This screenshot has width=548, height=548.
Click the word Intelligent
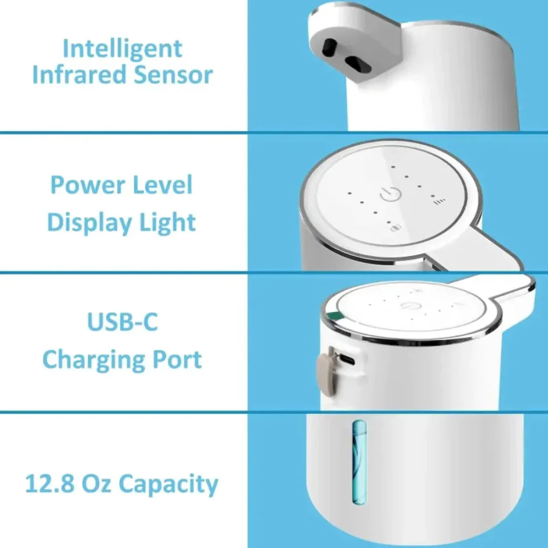pos(122,49)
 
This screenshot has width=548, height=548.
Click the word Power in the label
pos(87,185)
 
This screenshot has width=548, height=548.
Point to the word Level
pos(163,185)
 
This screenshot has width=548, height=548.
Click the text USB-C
pos(122,322)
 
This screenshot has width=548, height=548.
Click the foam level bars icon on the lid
pos(438,202)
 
